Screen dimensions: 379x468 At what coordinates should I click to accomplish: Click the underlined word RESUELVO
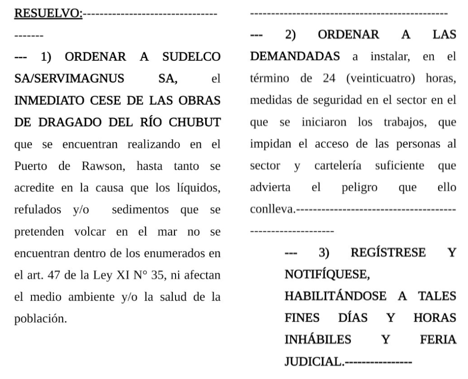tap(48, 13)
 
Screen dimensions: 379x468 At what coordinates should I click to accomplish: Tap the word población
tap(41, 317)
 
